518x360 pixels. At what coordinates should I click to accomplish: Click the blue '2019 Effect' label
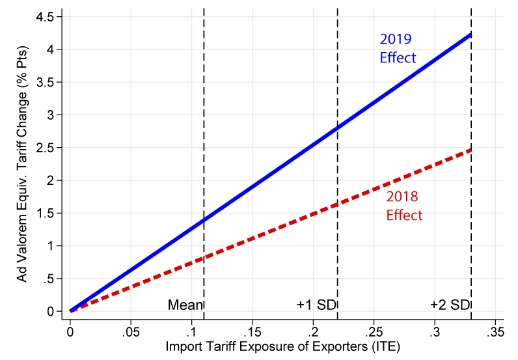(x=398, y=48)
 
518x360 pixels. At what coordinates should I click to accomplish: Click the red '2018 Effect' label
(x=404, y=206)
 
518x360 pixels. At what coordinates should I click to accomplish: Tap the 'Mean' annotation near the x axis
(x=185, y=305)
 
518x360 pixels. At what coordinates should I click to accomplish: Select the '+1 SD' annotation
(x=316, y=305)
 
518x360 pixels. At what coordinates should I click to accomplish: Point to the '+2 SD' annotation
(x=449, y=305)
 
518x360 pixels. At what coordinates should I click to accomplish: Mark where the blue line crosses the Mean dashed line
(x=204, y=219)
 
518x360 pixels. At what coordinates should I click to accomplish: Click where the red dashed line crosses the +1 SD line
(x=338, y=204)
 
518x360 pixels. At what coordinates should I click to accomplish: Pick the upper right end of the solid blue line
(x=470, y=35)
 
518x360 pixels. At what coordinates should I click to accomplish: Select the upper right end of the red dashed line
(x=470, y=150)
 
